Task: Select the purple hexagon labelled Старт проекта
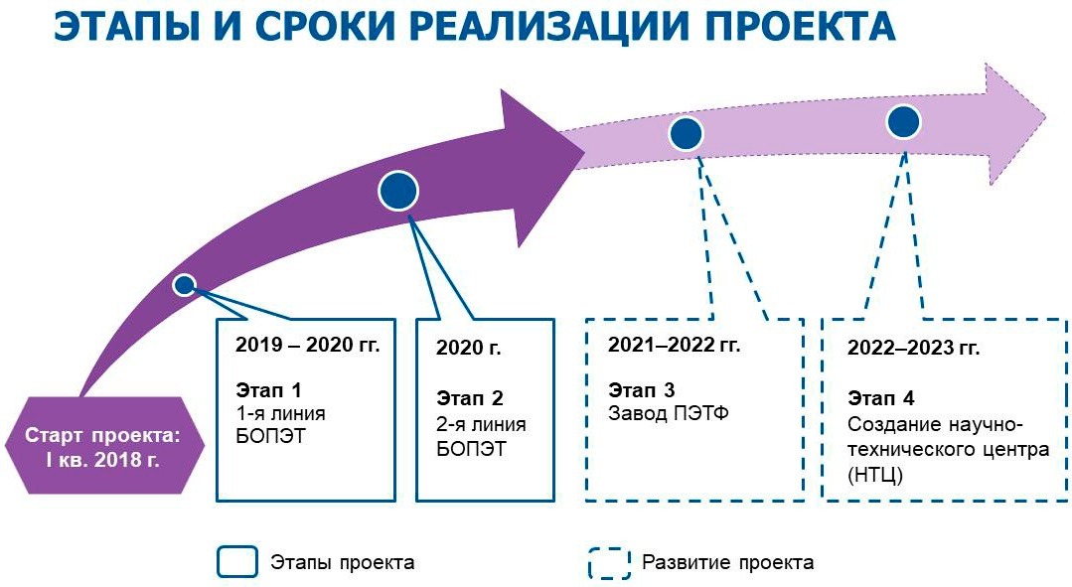pyautogui.click(x=105, y=446)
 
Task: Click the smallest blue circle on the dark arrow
pyautogui.click(x=184, y=286)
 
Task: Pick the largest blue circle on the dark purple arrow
pyautogui.click(x=399, y=192)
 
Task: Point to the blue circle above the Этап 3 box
pyautogui.click(x=687, y=133)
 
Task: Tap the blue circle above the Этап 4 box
pyautogui.click(x=903, y=122)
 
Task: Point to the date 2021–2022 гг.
pyautogui.click(x=674, y=345)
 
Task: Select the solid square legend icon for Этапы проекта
pyautogui.click(x=237, y=562)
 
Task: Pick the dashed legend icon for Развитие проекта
pyautogui.click(x=608, y=562)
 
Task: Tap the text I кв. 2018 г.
pyautogui.click(x=105, y=460)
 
